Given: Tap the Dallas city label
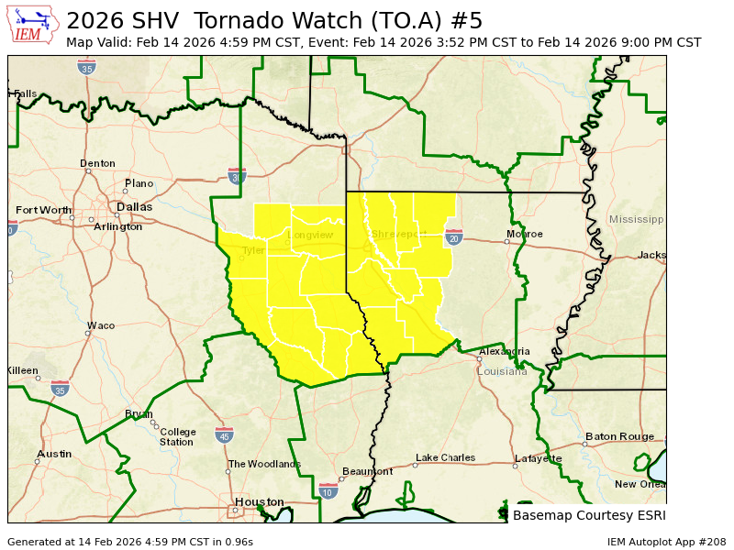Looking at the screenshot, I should click(135, 207).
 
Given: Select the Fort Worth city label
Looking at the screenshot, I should click(43, 210).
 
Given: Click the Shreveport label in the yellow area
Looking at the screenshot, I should click(399, 235).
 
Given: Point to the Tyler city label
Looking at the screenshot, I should click(252, 250).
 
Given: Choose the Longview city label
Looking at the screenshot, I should click(310, 235).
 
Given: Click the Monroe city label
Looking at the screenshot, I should click(524, 234).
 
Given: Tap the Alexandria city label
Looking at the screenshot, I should click(504, 351).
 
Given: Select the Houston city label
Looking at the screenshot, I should click(260, 501).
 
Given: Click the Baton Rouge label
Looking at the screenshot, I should click(619, 436).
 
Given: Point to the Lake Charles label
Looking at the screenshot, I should click(445, 457).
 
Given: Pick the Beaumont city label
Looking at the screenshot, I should click(367, 471).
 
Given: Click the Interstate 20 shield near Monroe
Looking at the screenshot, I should click(453, 237).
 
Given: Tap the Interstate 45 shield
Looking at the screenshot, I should click(224, 434).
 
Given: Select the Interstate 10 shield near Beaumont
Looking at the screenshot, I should click(328, 491).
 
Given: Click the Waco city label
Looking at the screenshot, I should click(101, 325).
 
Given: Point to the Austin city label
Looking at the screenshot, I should click(54, 454).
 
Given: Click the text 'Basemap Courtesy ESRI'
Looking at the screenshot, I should click(589, 515).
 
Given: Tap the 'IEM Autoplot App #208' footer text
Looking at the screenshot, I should click(666, 542).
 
